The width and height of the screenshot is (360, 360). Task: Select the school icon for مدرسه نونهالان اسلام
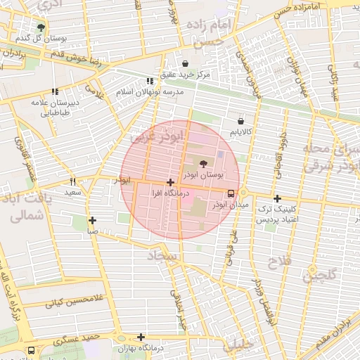click(x=148, y=81)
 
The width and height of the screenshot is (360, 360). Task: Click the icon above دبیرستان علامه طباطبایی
click(x=55, y=91)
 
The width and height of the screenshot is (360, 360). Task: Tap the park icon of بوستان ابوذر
click(x=204, y=162)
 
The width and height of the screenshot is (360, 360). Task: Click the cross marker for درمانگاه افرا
click(x=170, y=182)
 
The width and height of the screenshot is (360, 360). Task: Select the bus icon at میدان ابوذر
click(x=231, y=193)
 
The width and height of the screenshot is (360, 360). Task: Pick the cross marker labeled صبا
click(x=92, y=220)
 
